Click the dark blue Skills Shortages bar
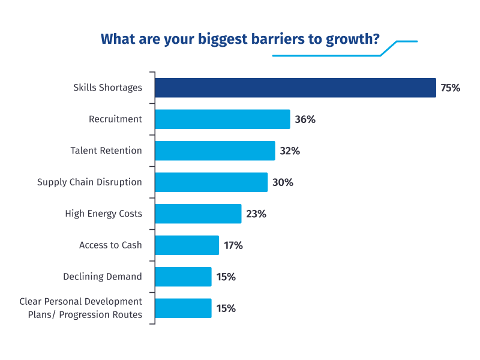295,88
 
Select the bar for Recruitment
222,119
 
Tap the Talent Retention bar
215,151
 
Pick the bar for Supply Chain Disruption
211,182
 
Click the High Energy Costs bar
198,214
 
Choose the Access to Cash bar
187,245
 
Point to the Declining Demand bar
183,277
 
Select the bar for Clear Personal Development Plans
183,308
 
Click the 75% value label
450,88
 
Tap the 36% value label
305,119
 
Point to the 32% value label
290,151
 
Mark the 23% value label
256,214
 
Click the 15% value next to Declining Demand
226,277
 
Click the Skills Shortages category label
107,88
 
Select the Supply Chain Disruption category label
89,182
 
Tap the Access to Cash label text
110,245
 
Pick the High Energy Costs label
103,214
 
